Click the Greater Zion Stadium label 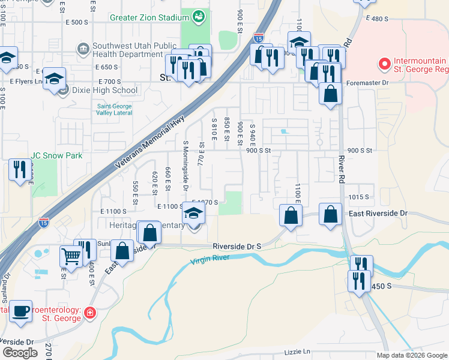149,17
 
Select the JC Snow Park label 56,155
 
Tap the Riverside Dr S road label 237,246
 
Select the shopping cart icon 71,256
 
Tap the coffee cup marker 21,311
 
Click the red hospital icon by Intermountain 382,62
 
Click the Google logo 20,353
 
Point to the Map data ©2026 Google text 411,355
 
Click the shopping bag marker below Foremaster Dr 330,94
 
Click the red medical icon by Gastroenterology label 89,313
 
